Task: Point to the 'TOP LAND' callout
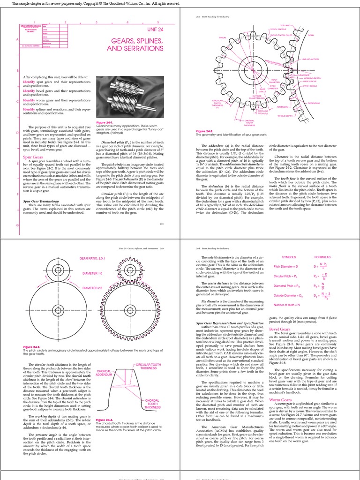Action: pyautogui.click(x=285, y=25)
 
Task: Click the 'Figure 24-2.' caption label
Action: pyautogui.click(x=205, y=131)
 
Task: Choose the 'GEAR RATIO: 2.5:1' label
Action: pyautogui.click(x=93, y=258)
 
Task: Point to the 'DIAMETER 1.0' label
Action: pyautogui.click(x=92, y=273)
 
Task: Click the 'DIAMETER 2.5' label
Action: pyautogui.click(x=92, y=288)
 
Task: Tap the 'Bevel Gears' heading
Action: pyautogui.click(x=281, y=330)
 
